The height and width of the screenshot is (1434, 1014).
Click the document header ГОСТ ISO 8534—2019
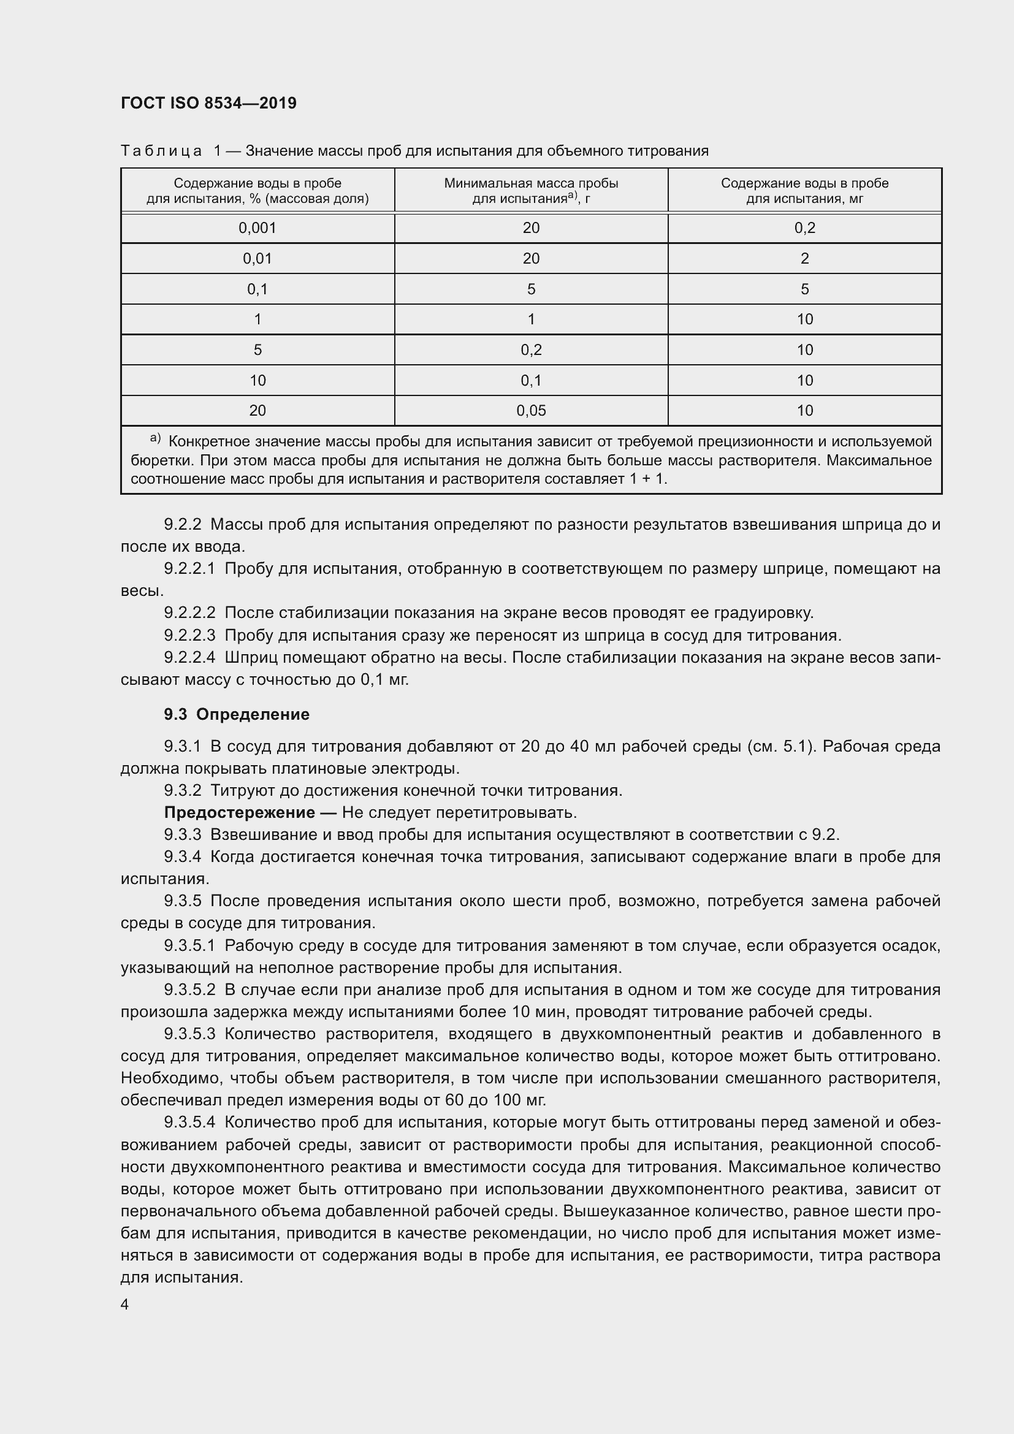click(x=208, y=103)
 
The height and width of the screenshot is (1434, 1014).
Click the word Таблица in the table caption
click(x=161, y=151)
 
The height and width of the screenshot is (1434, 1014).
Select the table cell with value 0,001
click(x=257, y=228)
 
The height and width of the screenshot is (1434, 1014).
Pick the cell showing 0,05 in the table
click(x=531, y=410)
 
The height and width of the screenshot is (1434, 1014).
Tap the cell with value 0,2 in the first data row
click(x=804, y=228)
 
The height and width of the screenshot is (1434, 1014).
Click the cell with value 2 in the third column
click(x=804, y=259)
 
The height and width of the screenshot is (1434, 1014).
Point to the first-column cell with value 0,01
click(x=257, y=259)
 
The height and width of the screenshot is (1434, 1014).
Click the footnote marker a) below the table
click(x=156, y=440)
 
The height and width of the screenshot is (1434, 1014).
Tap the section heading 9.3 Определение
click(x=237, y=714)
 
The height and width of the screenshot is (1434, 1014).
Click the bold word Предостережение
click(x=239, y=812)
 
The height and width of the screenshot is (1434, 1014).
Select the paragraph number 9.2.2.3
click(x=189, y=635)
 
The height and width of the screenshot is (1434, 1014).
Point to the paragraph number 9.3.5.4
click(x=189, y=1123)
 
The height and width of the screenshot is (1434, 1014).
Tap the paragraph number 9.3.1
click(x=182, y=746)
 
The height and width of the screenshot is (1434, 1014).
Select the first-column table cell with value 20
click(x=257, y=410)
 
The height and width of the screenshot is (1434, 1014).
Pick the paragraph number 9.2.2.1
click(x=189, y=569)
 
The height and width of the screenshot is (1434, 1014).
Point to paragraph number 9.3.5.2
click(x=189, y=990)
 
